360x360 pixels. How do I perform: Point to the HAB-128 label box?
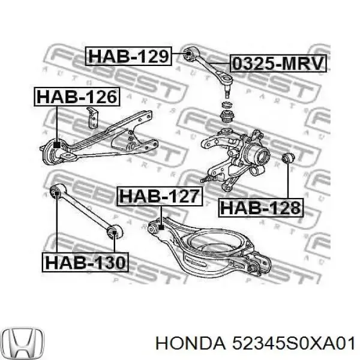[x=261, y=208]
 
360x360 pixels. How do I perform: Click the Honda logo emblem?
[x=23, y=342]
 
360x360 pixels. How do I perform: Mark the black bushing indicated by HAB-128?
[x=287, y=158]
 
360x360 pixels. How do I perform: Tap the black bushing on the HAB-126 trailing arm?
[x=56, y=146]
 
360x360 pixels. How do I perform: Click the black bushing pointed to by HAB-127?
[x=161, y=227]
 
